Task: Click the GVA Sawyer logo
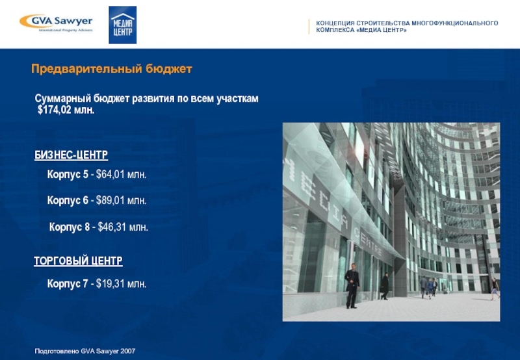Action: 56,23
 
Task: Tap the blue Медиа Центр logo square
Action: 122,25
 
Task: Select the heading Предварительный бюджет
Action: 112,69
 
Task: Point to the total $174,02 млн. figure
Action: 66,110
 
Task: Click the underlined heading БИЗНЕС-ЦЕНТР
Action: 71,156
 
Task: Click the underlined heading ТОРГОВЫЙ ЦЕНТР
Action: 78,261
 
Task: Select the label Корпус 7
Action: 67,284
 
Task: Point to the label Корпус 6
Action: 67,201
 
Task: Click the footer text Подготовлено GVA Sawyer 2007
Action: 84,351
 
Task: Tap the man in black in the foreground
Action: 352,286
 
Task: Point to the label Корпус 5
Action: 67,175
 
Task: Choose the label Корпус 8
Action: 69,227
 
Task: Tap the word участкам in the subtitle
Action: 238,99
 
